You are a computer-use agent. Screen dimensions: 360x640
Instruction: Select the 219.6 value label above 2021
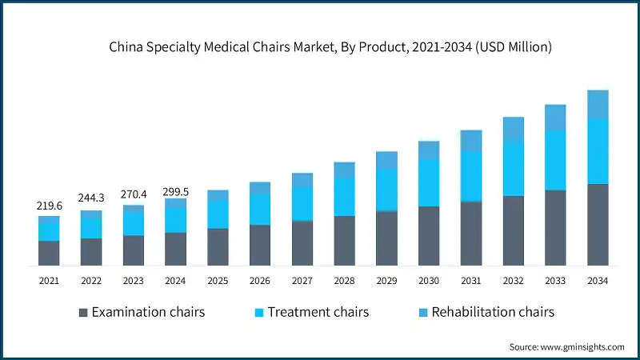[49, 206]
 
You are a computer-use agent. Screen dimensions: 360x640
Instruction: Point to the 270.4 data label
[134, 193]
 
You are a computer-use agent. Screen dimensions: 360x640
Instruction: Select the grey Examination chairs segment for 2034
[598, 225]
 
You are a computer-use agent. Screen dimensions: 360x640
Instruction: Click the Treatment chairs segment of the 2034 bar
[598, 151]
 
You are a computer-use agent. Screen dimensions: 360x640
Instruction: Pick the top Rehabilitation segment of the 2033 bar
[555, 118]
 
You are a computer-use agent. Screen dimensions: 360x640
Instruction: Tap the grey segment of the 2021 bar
[49, 253]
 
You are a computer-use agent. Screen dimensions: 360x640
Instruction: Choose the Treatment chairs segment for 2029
[386, 190]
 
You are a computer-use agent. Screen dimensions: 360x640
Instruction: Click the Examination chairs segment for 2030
[429, 236]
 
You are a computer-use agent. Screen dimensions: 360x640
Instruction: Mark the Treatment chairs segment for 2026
[260, 209]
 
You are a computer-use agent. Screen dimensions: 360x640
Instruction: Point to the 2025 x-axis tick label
[218, 281]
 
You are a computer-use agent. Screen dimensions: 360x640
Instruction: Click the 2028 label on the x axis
[344, 281]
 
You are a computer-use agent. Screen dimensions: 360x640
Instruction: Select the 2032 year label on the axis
[513, 281]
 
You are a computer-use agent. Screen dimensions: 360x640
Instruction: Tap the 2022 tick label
[91, 281]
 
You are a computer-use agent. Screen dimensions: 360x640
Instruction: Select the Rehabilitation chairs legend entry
[485, 312]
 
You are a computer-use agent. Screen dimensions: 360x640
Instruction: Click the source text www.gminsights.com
[566, 346]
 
